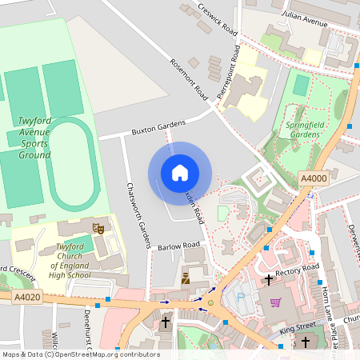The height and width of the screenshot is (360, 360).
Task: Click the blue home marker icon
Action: click(179, 173)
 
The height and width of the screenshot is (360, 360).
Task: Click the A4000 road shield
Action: click(313, 178)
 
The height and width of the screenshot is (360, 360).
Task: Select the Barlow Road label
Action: click(178, 246)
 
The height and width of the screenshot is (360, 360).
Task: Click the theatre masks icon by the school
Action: click(99, 229)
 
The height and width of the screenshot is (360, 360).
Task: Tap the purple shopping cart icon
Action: click(276, 302)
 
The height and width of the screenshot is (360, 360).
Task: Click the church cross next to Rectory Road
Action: click(268, 280)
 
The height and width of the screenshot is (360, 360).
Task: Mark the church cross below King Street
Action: click(304, 342)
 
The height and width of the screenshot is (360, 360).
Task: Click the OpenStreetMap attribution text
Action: click(80, 354)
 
